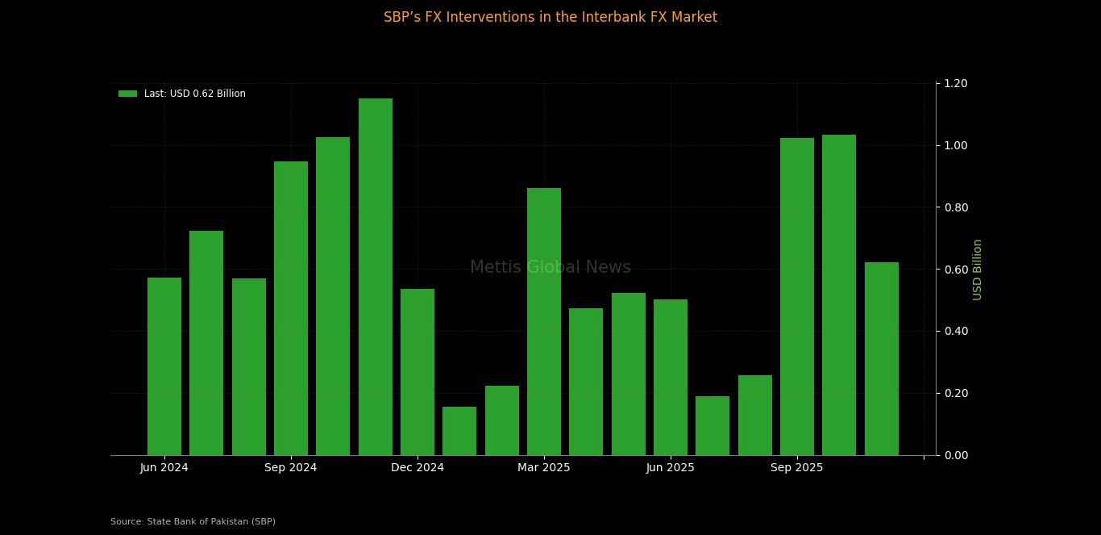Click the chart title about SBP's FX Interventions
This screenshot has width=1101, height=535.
[x=550, y=17]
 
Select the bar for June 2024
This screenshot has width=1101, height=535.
[x=164, y=366]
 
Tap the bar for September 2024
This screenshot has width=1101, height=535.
[x=291, y=308]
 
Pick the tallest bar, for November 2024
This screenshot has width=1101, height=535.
[x=376, y=277]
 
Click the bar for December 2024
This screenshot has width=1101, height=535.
[x=418, y=372]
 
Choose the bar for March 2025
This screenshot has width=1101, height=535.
[x=544, y=321]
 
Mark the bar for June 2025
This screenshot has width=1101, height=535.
[x=671, y=377]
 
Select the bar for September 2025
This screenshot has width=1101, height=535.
[x=797, y=296]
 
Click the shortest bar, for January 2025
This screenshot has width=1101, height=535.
[x=459, y=431]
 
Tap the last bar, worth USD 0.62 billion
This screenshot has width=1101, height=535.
[x=882, y=358]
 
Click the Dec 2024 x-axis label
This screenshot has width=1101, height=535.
[x=418, y=468]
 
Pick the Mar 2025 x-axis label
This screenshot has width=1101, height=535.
[x=544, y=468]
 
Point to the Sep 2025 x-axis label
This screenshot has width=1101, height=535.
[x=797, y=468]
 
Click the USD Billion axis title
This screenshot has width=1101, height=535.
[x=978, y=270]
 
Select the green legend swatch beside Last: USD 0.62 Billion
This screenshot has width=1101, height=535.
[x=127, y=94]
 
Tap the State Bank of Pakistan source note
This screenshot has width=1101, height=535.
[x=193, y=522]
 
